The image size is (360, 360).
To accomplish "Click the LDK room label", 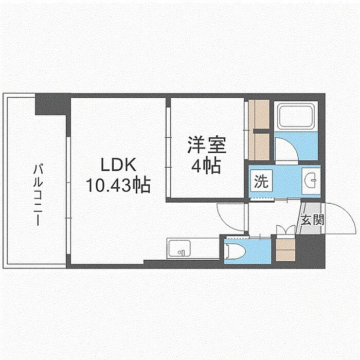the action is click(x=118, y=165).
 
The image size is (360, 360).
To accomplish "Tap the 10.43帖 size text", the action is click(x=118, y=185).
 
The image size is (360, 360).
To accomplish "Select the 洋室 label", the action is click(x=207, y=145).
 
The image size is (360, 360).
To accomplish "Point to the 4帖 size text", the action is click(x=206, y=165).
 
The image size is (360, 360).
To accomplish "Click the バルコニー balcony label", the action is click(x=38, y=194).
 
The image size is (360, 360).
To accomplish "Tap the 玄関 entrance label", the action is click(x=312, y=220).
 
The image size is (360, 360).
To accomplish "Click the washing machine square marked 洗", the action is click(x=261, y=181).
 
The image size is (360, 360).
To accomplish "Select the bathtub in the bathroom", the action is click(x=296, y=116).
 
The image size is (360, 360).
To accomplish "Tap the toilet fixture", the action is click(x=235, y=251).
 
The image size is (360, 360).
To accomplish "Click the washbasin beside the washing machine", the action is click(x=311, y=181).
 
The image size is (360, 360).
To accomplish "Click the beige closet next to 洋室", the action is click(x=259, y=130).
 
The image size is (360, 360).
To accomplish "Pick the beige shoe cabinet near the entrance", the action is click(x=285, y=250).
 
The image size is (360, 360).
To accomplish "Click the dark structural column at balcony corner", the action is click(x=50, y=104).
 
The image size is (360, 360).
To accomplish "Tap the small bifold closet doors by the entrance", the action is click(x=285, y=229).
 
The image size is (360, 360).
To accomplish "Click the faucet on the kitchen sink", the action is click(x=182, y=253).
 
